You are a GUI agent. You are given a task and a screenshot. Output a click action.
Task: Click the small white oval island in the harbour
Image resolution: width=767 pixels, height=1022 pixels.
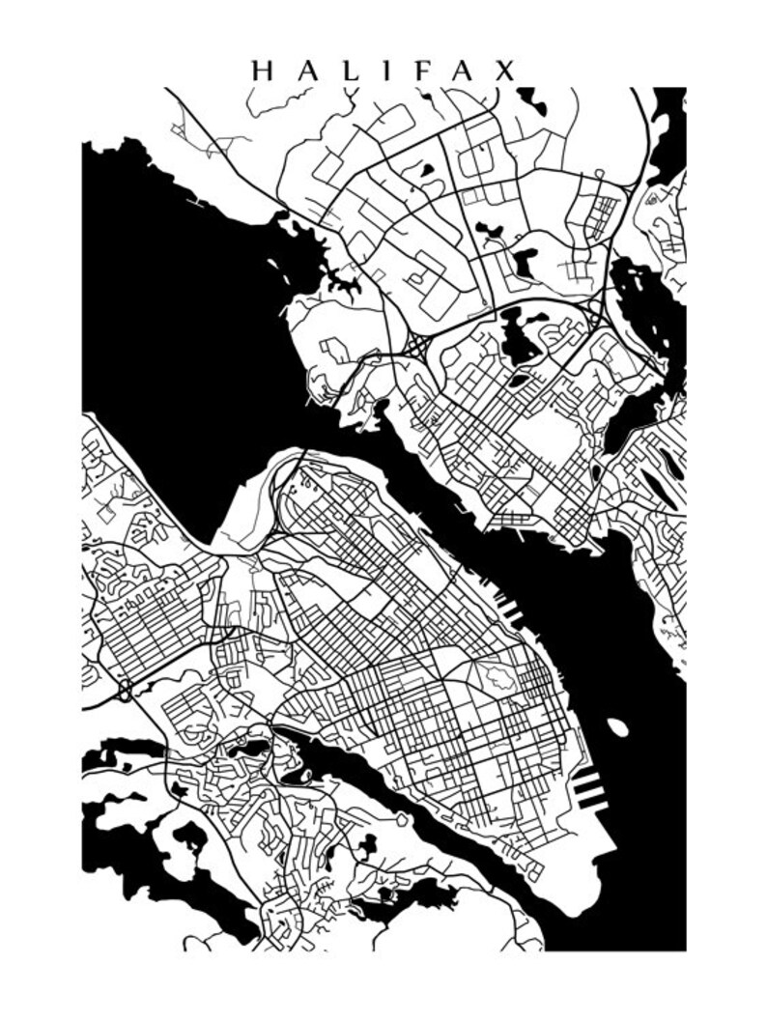tap(617, 726)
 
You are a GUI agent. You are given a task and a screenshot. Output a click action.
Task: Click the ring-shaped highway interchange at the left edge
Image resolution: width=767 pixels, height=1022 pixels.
tap(126, 691)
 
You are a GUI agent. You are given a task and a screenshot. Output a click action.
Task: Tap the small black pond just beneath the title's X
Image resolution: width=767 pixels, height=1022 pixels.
tap(528, 100)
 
